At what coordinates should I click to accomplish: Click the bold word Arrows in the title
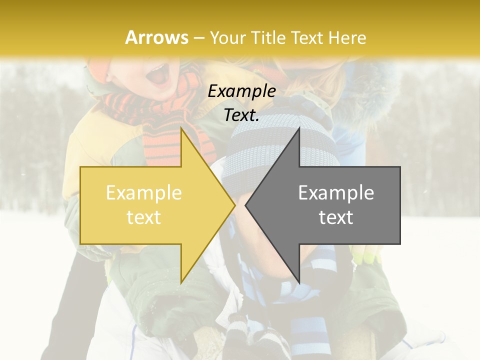click(156, 37)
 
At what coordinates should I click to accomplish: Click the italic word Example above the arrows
click(241, 91)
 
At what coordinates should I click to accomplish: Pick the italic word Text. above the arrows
click(241, 115)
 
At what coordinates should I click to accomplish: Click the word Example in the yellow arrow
click(144, 193)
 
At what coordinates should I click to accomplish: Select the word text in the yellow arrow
click(144, 217)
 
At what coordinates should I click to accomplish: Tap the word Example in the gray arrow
click(336, 193)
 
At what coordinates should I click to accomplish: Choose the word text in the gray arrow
click(336, 217)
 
